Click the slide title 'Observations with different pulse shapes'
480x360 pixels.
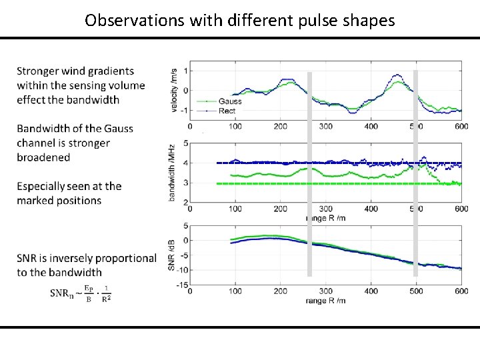click(240, 20)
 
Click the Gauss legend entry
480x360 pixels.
click(229, 101)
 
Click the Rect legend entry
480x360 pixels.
click(227, 110)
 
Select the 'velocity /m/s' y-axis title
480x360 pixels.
click(175, 91)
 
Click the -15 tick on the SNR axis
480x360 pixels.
click(180, 285)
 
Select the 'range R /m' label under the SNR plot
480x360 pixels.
click(325, 301)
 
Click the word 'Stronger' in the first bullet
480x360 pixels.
click(38, 71)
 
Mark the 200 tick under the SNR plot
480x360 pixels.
click(281, 291)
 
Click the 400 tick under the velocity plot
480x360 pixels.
click(371, 126)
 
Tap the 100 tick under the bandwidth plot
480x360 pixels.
click(235, 209)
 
